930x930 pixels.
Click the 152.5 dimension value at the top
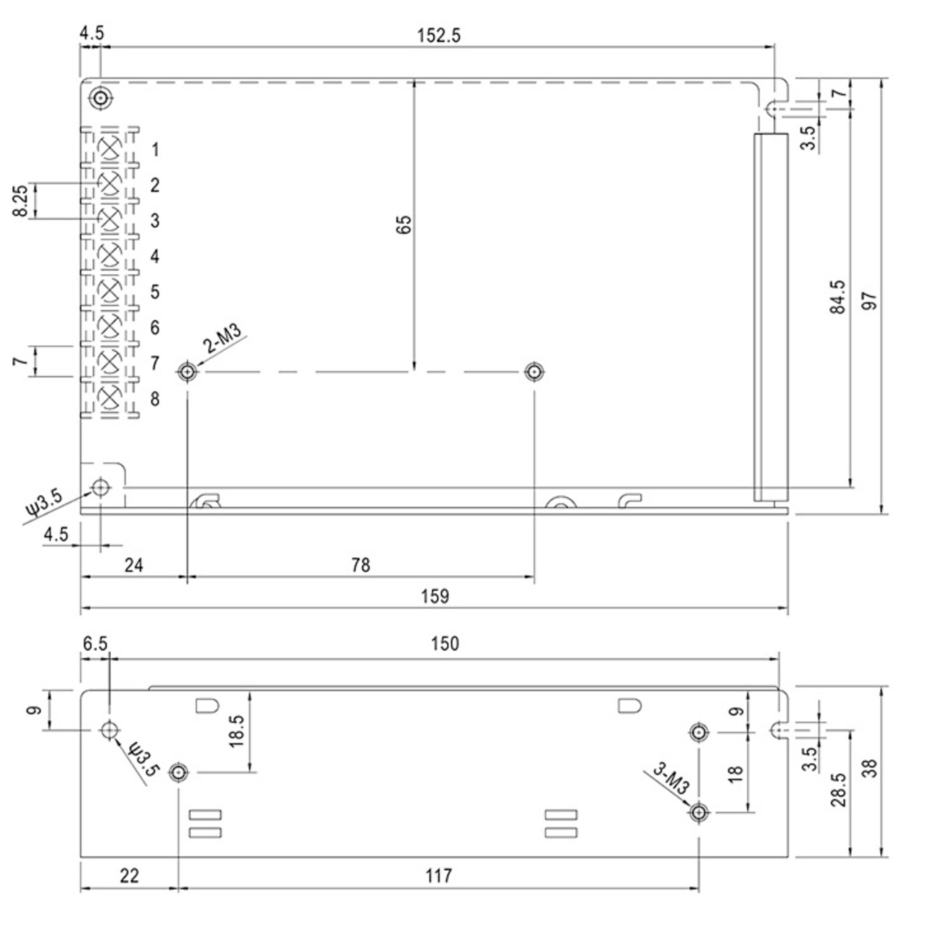439,36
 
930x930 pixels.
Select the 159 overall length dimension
435,596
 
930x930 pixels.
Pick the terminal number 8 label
155,399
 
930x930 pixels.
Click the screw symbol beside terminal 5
110,290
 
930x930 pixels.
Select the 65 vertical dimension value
404,225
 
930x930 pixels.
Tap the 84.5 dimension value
837,297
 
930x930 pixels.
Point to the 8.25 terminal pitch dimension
20,201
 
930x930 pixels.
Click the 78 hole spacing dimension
360,565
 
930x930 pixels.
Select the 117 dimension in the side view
439,876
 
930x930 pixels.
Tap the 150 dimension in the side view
445,644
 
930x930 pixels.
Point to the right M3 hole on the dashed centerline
533,372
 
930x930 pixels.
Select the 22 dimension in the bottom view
129,876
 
